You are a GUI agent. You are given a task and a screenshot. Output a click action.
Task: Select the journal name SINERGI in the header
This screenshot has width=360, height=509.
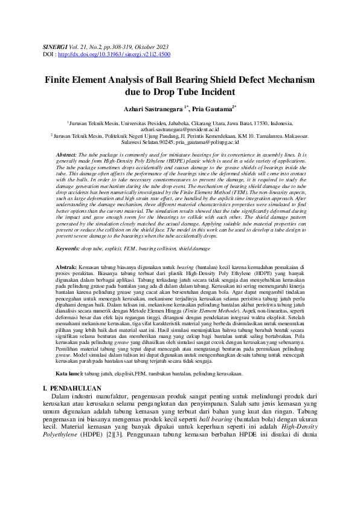point(56,46)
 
